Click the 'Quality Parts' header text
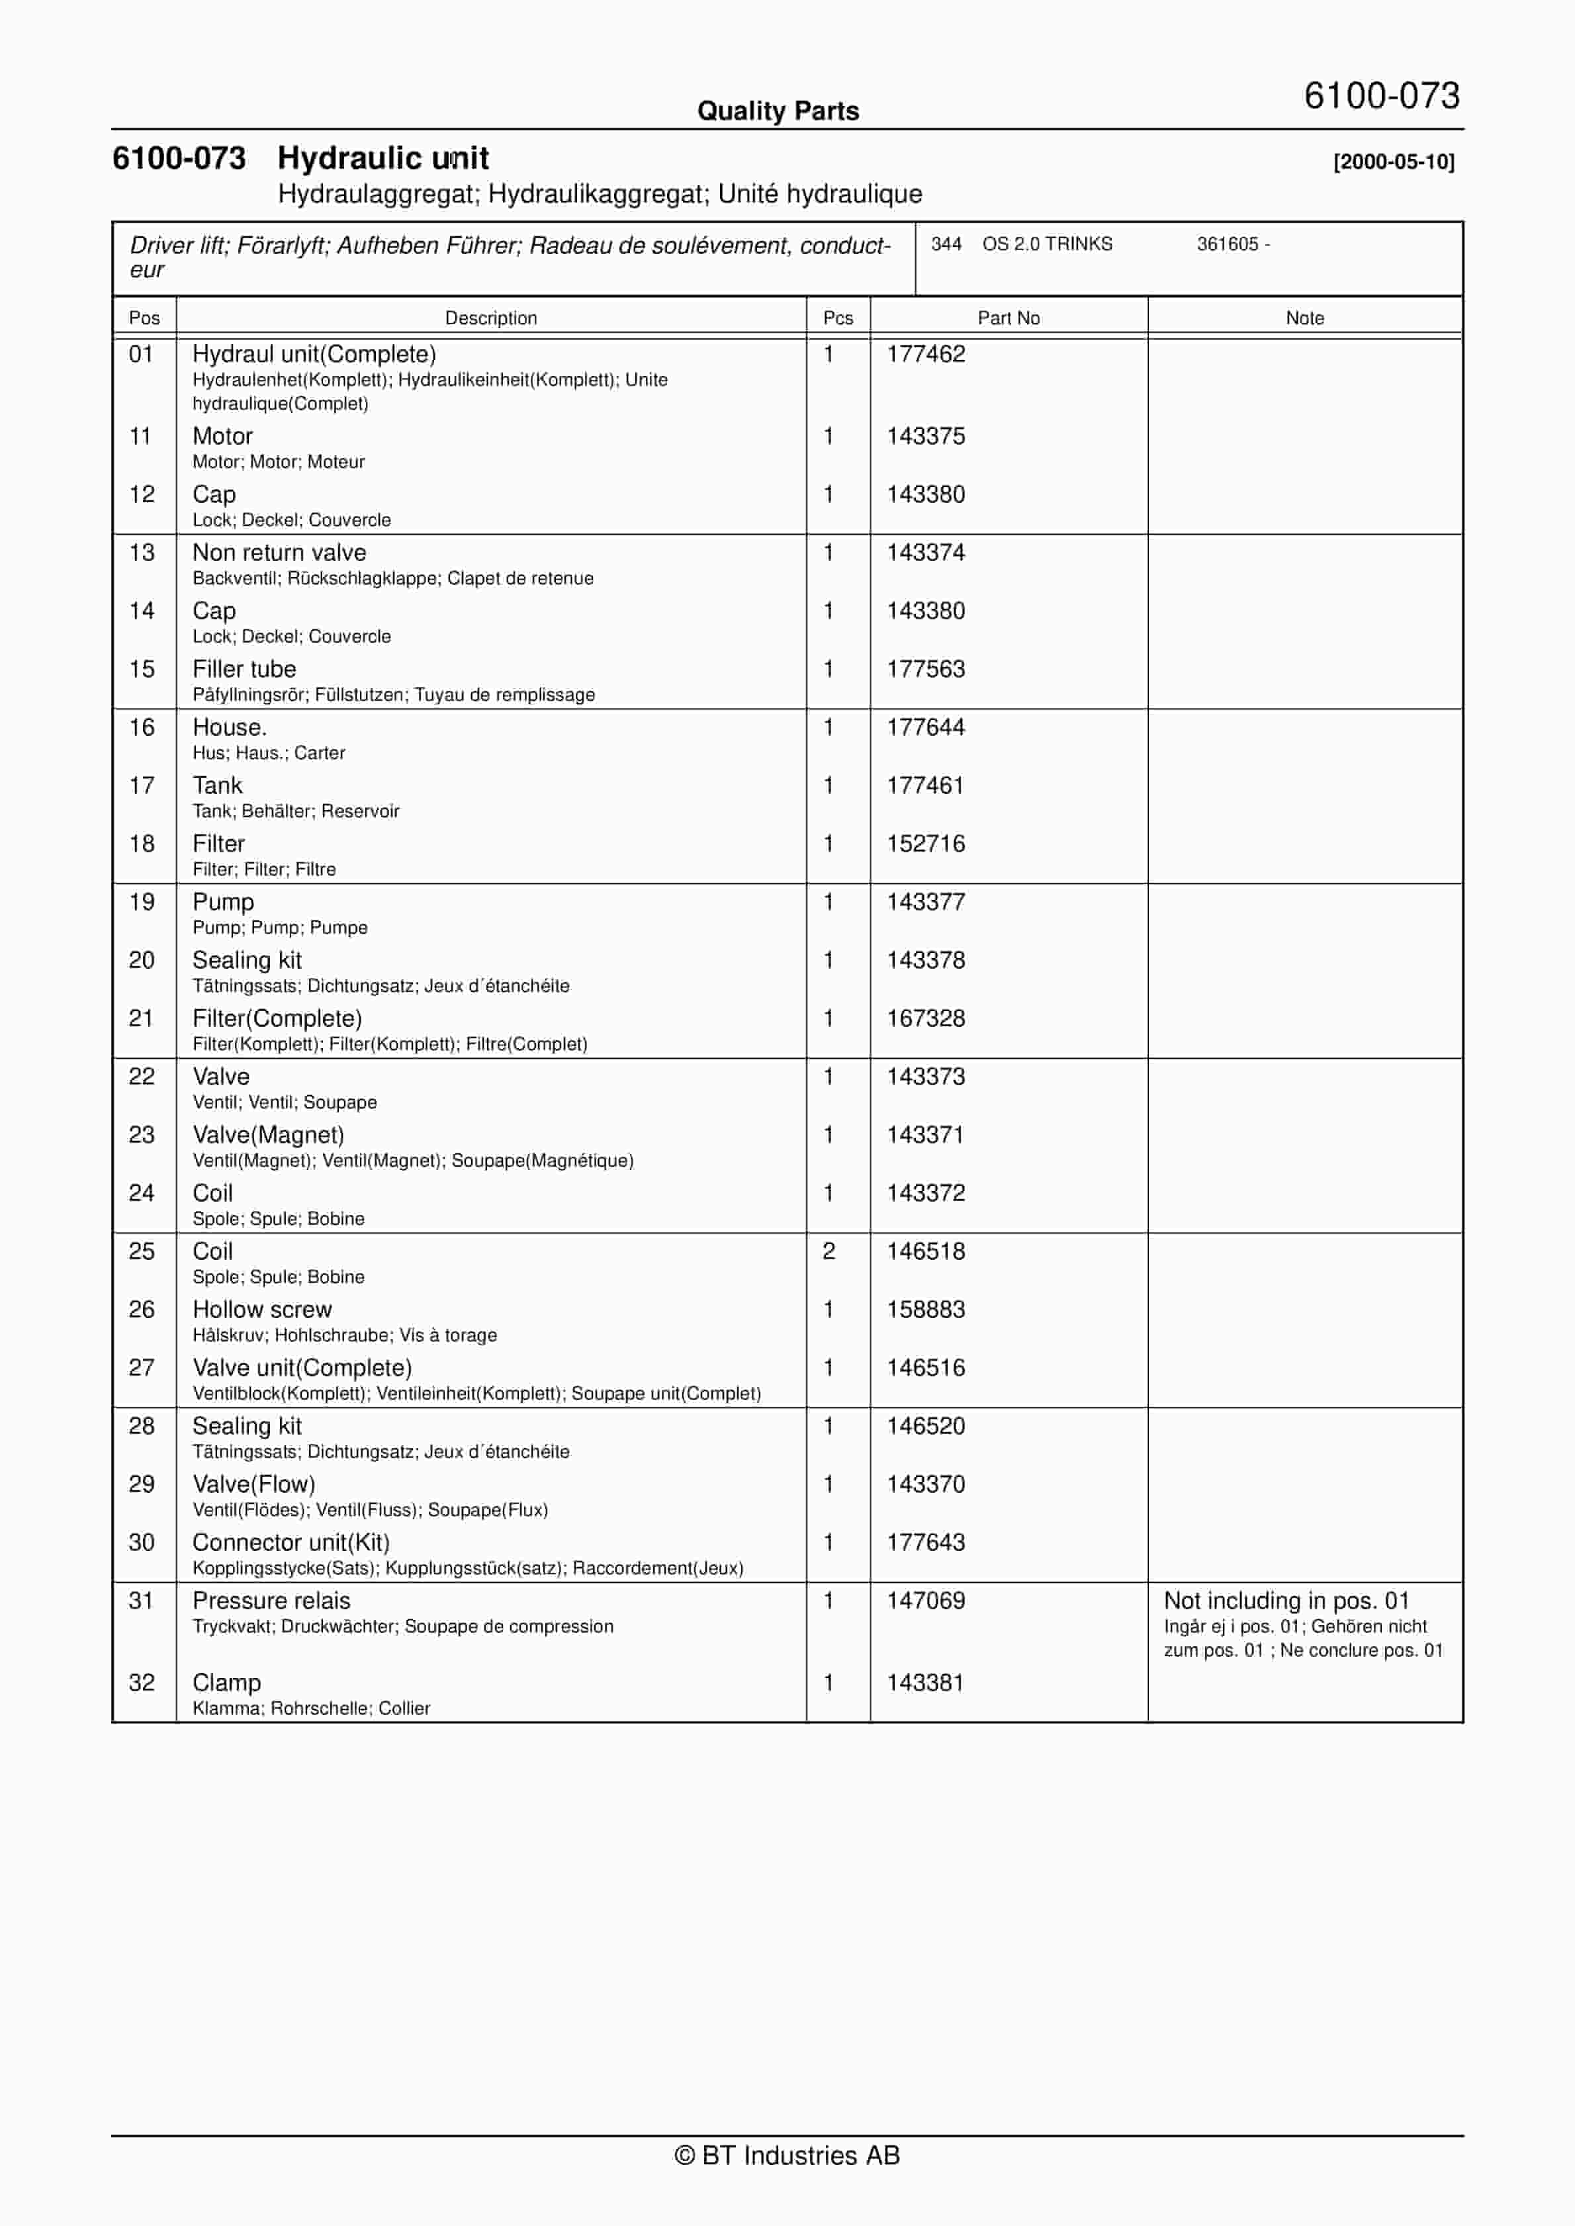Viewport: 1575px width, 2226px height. click(x=778, y=111)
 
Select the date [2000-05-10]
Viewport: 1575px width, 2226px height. click(x=1394, y=162)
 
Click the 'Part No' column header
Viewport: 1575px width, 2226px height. click(x=1009, y=318)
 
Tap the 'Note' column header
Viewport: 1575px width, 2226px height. click(x=1304, y=318)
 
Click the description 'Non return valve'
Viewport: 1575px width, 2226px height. click(x=279, y=553)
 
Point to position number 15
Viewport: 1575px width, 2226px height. click(x=142, y=669)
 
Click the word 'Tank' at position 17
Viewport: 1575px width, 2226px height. click(x=217, y=785)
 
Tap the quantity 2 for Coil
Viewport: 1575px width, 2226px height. click(x=829, y=1252)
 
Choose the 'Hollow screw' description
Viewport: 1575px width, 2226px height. click(x=262, y=1310)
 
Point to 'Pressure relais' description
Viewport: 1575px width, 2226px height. click(x=271, y=1601)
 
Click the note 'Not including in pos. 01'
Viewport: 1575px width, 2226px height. click(x=1286, y=1601)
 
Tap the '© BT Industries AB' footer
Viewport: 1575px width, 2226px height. click(x=787, y=2155)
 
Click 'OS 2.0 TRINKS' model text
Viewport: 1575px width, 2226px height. click(x=1048, y=244)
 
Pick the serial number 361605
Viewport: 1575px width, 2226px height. click(x=1227, y=244)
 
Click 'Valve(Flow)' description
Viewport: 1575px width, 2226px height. click(x=254, y=1484)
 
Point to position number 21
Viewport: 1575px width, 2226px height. click(x=142, y=1018)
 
